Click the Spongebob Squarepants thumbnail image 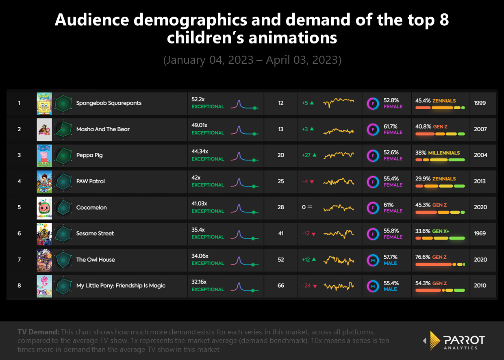click(x=44, y=103)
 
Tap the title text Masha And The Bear click(x=103, y=129)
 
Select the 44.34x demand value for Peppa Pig click(x=200, y=152)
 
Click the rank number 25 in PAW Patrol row click(x=281, y=181)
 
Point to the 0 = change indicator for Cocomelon click(x=307, y=207)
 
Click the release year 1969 click(x=480, y=234)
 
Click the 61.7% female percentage click(x=391, y=126)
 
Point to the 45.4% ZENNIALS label click(x=435, y=100)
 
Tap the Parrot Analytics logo click(x=455, y=340)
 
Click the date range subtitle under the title click(x=252, y=60)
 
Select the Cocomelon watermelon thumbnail click(x=44, y=208)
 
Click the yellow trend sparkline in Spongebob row click(x=339, y=102)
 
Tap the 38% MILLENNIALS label click(x=437, y=153)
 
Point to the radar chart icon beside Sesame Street click(x=63, y=234)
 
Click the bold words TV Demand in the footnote click(x=38, y=332)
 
